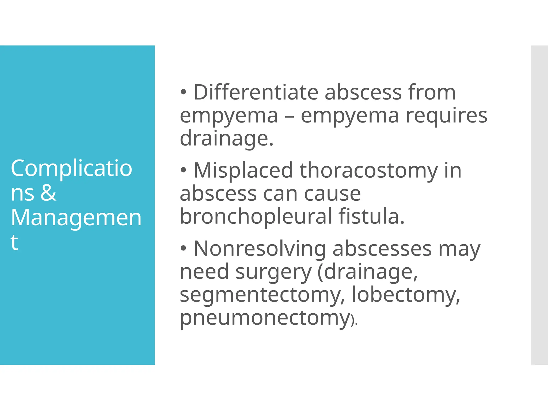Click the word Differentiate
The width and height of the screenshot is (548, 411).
256,92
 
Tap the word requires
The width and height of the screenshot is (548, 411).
446,116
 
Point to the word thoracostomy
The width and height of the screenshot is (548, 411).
369,170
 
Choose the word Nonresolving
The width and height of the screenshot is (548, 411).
260,249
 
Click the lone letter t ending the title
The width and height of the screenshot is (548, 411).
14,242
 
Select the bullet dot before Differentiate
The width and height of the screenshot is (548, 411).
183,92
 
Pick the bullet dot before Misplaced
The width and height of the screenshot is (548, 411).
183,170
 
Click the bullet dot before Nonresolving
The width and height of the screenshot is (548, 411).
183,249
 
